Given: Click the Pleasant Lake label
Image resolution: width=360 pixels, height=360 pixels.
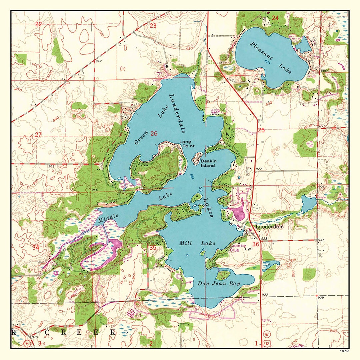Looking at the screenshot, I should (x=271, y=53).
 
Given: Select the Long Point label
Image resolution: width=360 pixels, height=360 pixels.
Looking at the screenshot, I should (x=185, y=144).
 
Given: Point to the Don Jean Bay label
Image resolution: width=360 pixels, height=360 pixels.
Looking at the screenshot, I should (x=219, y=284).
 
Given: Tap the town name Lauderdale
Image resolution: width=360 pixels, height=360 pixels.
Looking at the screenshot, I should (x=269, y=226).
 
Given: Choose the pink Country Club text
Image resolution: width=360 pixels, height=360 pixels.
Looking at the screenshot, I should (x=238, y=248).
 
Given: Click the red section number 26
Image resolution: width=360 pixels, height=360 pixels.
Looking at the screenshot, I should (x=154, y=134).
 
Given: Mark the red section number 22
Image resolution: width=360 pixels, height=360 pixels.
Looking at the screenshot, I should (x=39, y=24).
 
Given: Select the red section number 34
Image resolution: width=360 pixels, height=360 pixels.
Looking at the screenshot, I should (x=36, y=247).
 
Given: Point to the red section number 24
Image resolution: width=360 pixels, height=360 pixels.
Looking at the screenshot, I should (x=275, y=18).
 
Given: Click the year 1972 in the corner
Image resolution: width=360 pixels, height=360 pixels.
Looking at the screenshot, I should (x=344, y=351).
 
